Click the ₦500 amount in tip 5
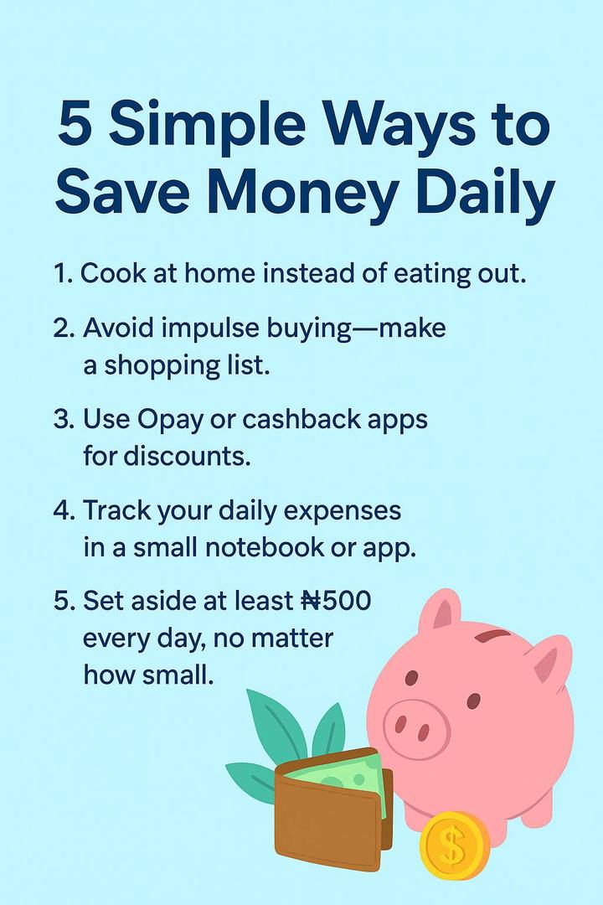336,601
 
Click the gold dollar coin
454,845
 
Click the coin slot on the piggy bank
492,636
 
